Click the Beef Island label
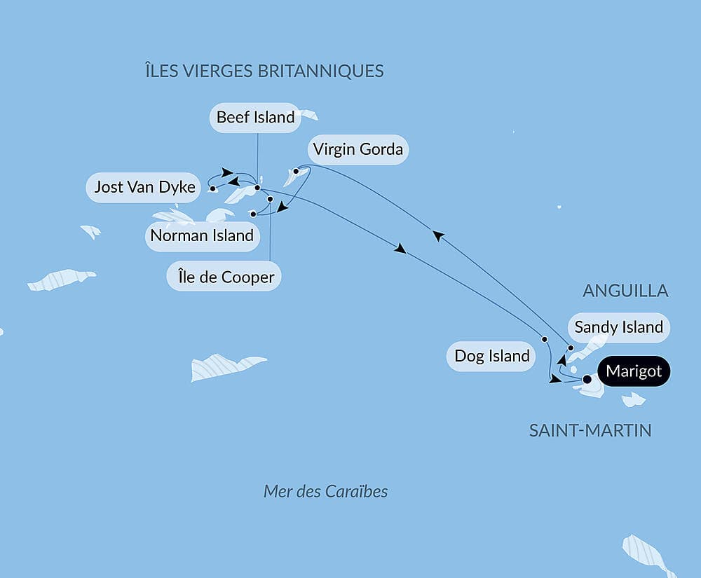(256, 118)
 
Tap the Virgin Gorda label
(358, 149)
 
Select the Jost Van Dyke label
(144, 187)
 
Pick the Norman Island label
(202, 235)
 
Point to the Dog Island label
(492, 356)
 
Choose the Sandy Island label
(618, 327)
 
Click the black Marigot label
(634, 371)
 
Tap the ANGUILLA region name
(625, 291)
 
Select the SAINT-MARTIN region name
(590, 430)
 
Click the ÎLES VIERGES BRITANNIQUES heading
(264, 71)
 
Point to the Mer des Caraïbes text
(325, 491)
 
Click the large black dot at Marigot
(587, 380)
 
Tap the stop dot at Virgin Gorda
(296, 171)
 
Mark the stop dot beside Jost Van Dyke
(212, 188)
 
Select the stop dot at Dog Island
(544, 339)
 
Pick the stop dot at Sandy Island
(571, 348)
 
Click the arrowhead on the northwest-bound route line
(437, 236)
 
